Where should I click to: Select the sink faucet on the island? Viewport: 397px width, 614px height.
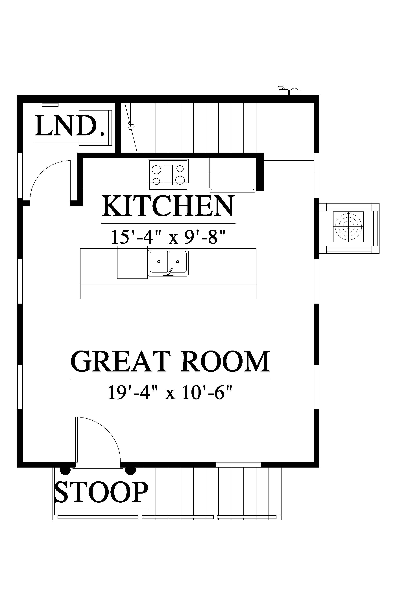(169, 272)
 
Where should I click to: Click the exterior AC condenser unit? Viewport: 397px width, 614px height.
(348, 227)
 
